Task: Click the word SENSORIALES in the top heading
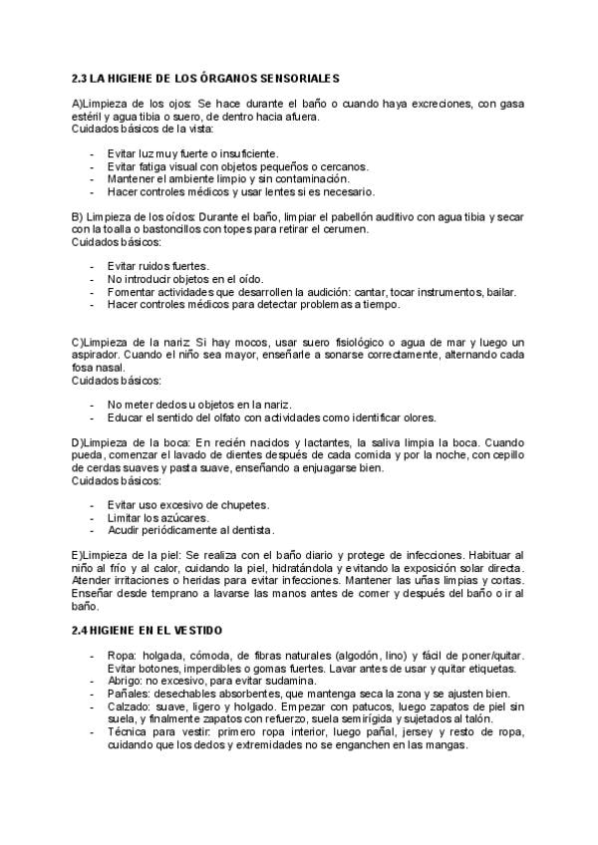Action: click(x=296, y=77)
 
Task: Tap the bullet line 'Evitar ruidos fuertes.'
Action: click(x=157, y=266)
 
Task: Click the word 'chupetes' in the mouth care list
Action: click(x=244, y=505)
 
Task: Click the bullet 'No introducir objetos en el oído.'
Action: click(x=185, y=279)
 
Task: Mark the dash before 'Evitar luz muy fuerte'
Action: click(x=93, y=153)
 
